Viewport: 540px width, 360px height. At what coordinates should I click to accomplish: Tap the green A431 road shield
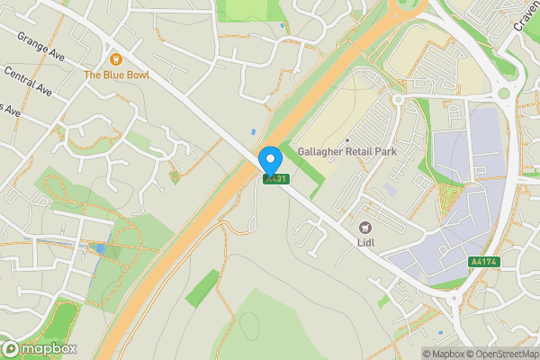point(275,179)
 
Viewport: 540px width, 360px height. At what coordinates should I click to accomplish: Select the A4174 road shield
point(482,262)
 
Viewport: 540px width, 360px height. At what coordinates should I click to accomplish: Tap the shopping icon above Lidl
point(365,228)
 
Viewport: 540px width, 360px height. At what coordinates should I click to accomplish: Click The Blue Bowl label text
point(117,76)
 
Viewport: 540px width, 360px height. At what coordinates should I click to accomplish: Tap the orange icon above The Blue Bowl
point(117,59)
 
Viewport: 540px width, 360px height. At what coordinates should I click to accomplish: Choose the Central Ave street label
point(27,81)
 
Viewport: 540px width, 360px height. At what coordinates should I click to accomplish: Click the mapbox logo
point(40,348)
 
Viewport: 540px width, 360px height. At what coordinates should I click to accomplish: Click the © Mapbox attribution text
point(445,353)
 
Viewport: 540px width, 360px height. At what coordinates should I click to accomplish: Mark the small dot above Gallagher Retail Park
point(346,139)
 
